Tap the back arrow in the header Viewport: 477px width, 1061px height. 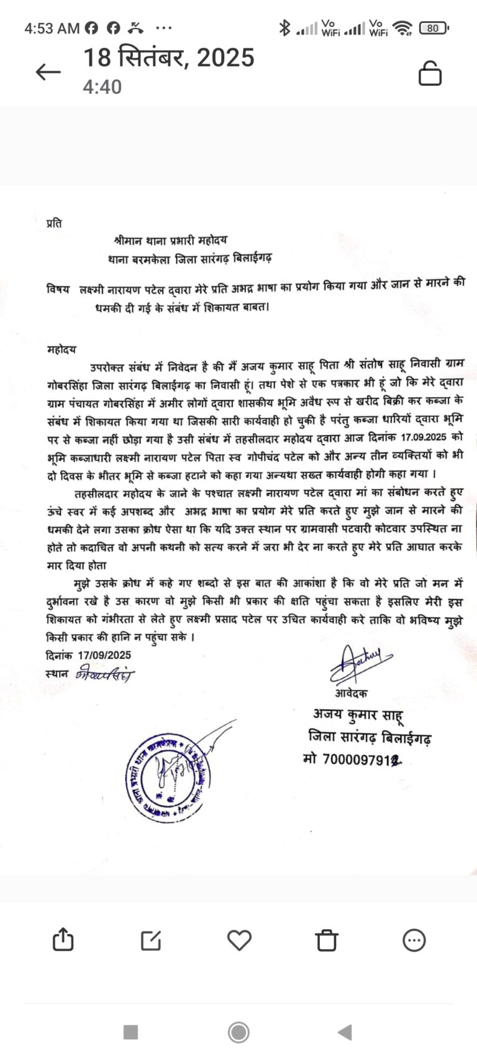[48, 72]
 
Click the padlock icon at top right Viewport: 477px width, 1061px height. [430, 73]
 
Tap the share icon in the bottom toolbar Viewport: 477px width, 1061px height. [63, 940]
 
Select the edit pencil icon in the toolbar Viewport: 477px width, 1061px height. [151, 940]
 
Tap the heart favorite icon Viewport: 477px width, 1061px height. [239, 940]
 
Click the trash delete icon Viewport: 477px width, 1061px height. [327, 940]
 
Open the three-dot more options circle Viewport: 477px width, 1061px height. [414, 940]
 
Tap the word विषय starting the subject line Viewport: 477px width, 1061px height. [58, 290]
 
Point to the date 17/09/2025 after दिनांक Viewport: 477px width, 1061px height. [104, 655]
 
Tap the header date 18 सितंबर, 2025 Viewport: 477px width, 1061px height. [169, 58]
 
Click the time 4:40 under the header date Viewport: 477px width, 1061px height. [102, 87]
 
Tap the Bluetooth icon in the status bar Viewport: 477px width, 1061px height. [284, 28]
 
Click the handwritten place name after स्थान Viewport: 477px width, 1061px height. [104, 674]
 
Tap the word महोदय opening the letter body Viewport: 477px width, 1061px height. [61, 349]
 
